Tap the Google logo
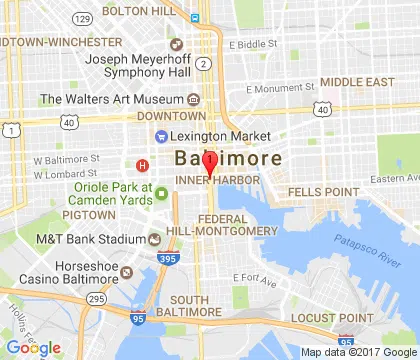pos(34,348)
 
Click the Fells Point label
pos(323,190)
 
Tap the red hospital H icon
pos(142,165)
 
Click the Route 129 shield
pos(84,19)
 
